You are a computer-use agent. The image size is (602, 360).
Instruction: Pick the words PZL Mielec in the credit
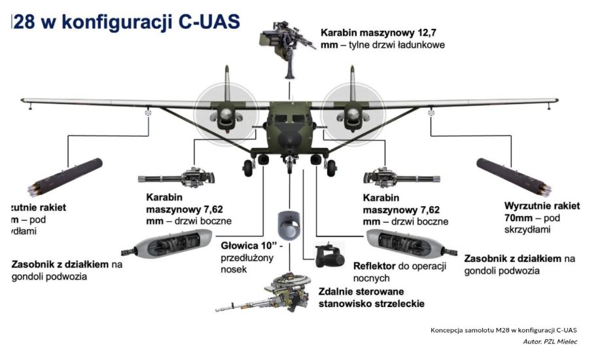pyautogui.click(x=563, y=342)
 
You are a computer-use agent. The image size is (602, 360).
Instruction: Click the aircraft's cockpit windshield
pyautogui.click(x=287, y=122)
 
